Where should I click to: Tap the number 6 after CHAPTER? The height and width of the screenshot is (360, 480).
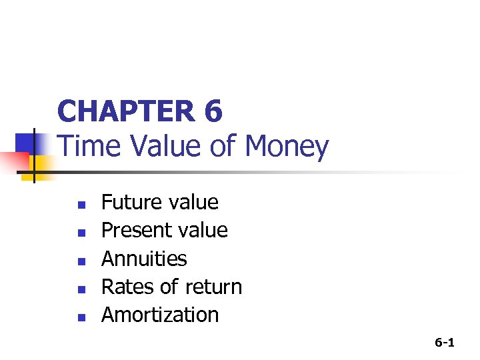pyautogui.click(x=213, y=111)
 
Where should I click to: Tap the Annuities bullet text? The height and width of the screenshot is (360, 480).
pyautogui.click(x=144, y=259)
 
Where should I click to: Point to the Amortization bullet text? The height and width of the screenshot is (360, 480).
pyautogui.click(x=160, y=315)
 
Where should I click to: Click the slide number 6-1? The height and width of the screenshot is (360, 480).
pyautogui.click(x=445, y=343)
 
